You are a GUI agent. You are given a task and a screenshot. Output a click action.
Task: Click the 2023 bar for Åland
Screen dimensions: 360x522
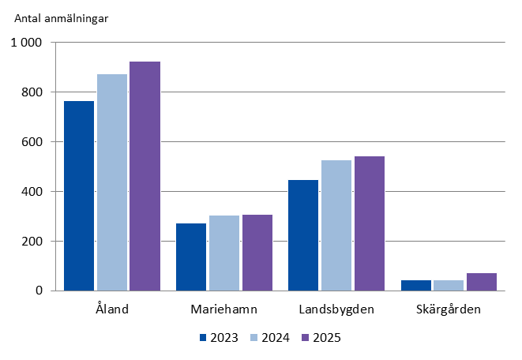point(79,196)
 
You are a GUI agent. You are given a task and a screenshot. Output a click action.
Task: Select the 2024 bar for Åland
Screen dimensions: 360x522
point(112,182)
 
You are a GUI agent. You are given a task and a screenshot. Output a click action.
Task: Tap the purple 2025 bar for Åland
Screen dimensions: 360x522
point(145,176)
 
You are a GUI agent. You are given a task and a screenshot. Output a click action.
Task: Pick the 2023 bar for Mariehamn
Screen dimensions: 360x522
point(191,257)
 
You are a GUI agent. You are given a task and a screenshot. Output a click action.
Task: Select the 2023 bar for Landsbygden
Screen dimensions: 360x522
point(303,235)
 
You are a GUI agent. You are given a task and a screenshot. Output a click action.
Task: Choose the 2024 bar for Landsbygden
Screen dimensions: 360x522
point(336,225)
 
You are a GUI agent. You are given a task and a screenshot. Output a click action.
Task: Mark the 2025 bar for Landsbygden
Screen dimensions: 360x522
point(370,223)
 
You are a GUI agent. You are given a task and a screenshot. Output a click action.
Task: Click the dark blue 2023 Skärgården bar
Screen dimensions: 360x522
point(415,285)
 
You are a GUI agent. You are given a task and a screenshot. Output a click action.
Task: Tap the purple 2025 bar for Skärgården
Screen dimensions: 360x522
point(482,282)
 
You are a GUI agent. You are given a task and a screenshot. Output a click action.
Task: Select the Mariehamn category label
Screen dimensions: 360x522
point(224,308)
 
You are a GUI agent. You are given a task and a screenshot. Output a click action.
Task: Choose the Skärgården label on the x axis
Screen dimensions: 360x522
point(449,308)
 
